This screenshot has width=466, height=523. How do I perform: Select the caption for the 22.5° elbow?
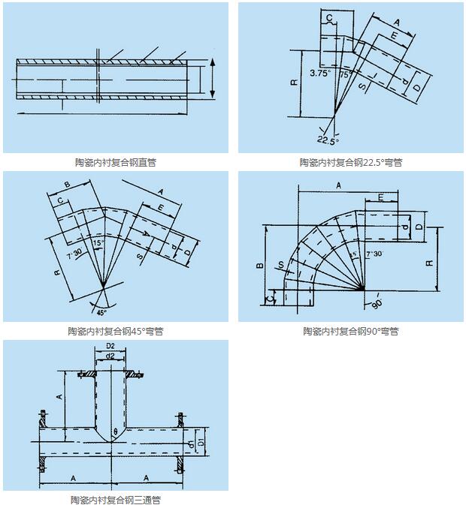pos(351,162)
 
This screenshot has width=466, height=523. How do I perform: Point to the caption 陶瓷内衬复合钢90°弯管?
pos(351,331)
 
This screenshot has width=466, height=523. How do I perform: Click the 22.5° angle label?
pos(328,140)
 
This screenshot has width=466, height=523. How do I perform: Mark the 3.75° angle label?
pos(320,74)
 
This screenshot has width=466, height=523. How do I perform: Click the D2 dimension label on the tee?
pos(110,346)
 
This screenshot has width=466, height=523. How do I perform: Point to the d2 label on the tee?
pos(110,355)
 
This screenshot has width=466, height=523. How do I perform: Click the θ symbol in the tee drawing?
pos(115,431)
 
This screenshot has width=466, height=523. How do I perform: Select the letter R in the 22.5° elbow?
pos(292,83)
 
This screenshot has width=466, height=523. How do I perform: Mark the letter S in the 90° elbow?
pos(280,264)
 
